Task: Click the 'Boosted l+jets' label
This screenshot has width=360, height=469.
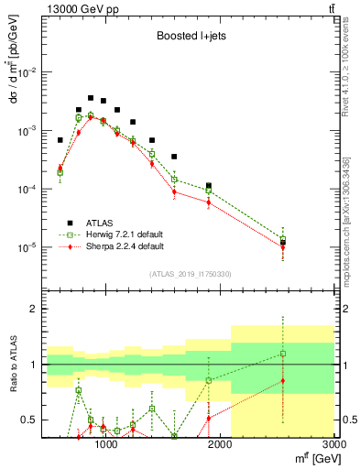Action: [187, 38]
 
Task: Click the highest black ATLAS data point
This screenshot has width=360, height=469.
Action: [91, 97]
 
